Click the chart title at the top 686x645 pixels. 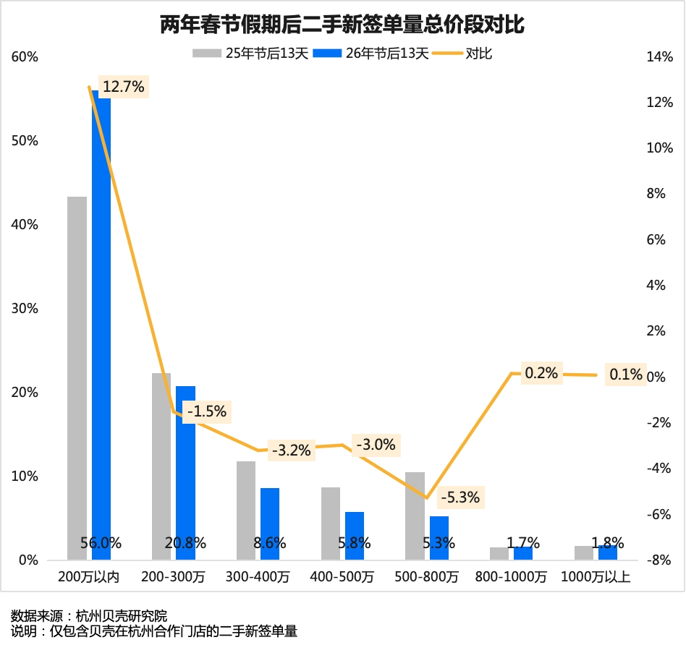(x=342, y=25)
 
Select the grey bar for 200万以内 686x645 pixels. (x=77, y=376)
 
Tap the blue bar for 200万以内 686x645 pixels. (x=101, y=325)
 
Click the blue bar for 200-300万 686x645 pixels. (x=185, y=470)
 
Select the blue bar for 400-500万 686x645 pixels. (x=355, y=535)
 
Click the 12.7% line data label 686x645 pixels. (x=123, y=87)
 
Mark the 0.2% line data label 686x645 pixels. (x=541, y=373)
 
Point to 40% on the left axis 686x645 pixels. (x=25, y=225)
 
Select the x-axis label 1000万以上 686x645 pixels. (x=596, y=577)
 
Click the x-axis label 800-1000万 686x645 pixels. (x=512, y=577)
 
